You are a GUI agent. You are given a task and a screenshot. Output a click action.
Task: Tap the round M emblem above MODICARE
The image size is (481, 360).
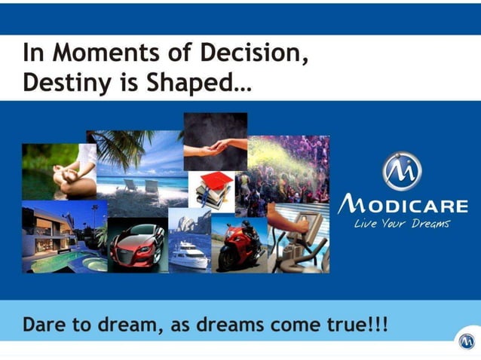pyautogui.click(x=402, y=172)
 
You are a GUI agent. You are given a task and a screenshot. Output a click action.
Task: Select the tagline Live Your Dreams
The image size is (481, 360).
pyautogui.click(x=403, y=224)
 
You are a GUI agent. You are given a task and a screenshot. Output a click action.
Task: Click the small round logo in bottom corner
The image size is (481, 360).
pyautogui.click(x=467, y=341)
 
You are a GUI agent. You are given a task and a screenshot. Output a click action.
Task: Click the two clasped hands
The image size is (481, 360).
pyautogui.click(x=219, y=142)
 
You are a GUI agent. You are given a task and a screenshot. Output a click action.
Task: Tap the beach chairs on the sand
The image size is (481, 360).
pyautogui.click(x=140, y=185)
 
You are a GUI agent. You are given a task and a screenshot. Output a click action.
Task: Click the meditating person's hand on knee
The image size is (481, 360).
pyautogui.click(x=61, y=181)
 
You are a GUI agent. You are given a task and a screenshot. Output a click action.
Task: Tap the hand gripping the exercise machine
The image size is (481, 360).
pyautogui.click(x=301, y=221)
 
